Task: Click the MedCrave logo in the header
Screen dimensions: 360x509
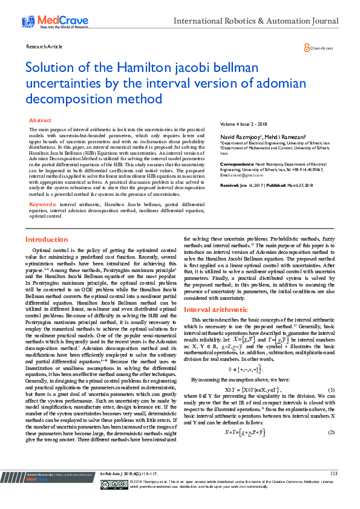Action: tap(47, 22)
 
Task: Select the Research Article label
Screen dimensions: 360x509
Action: tap(44, 47)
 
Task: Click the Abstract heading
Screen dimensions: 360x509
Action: tap(41, 121)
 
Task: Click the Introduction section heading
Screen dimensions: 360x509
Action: tap(51, 240)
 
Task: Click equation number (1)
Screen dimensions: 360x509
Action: tap(331, 389)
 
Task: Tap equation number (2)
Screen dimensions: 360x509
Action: tap(331, 433)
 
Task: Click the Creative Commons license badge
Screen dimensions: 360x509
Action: tap(115, 501)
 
